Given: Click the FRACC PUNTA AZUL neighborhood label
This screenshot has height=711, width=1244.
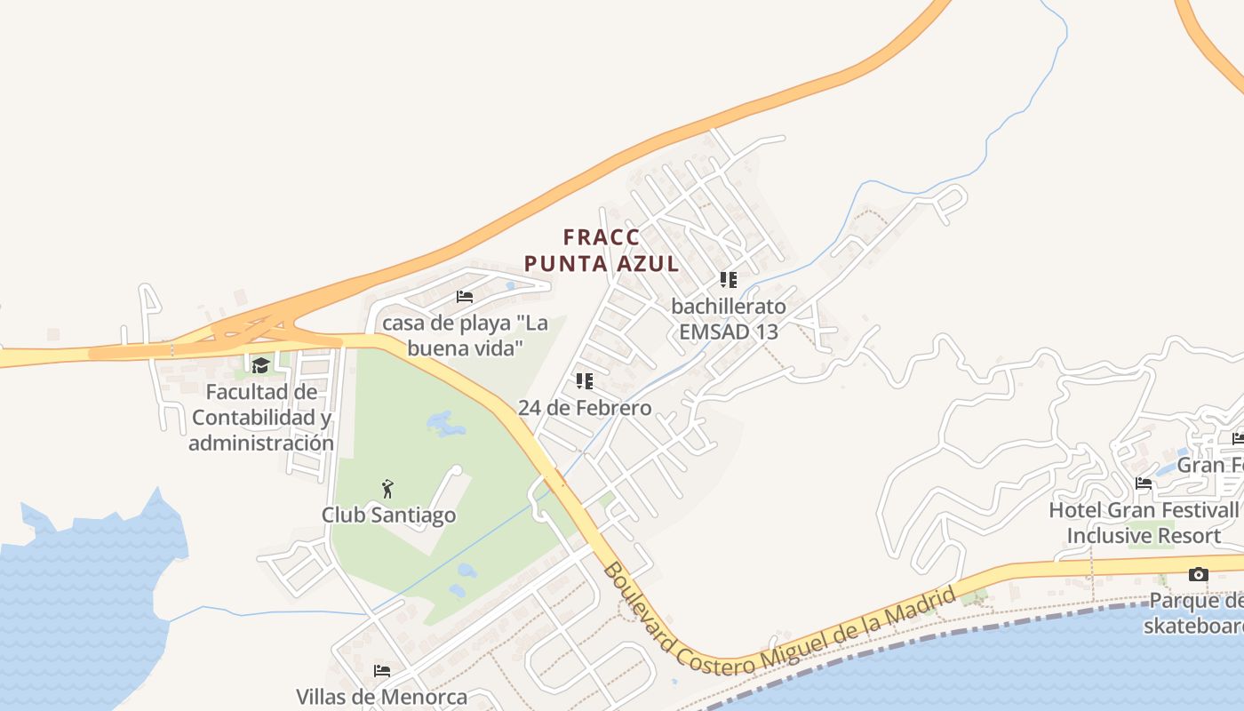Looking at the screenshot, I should [602, 251].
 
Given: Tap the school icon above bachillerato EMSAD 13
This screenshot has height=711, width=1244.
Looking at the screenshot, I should [729, 280].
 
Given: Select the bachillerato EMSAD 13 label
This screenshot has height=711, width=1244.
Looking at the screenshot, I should [729, 319].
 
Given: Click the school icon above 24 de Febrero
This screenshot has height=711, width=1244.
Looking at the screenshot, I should [584, 381].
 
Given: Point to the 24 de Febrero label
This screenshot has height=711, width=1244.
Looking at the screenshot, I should [585, 409].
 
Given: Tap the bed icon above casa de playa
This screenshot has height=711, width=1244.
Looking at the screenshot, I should [465, 297].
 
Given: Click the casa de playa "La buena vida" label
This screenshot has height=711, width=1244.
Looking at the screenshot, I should [464, 335].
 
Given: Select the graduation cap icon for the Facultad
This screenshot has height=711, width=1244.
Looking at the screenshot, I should [260, 365].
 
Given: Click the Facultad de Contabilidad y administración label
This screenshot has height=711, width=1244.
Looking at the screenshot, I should [261, 418].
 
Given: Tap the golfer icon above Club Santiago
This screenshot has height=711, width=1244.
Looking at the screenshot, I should [387, 489].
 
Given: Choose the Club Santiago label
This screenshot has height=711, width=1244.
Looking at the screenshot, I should [388, 515].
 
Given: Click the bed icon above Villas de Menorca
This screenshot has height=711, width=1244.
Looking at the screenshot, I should [382, 670].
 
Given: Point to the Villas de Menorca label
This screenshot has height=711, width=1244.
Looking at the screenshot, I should [381, 697].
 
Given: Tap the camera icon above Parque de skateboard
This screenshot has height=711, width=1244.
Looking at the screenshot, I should [1198, 575].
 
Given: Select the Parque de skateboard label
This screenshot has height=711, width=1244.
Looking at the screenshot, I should [1196, 613].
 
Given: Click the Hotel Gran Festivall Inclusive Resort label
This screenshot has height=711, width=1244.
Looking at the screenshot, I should [1144, 523].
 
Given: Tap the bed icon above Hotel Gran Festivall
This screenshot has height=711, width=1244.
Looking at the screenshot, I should [1144, 483].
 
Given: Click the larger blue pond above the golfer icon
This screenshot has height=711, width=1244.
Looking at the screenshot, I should [446, 424].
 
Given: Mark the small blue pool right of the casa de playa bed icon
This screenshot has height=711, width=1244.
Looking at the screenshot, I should [510, 286].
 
